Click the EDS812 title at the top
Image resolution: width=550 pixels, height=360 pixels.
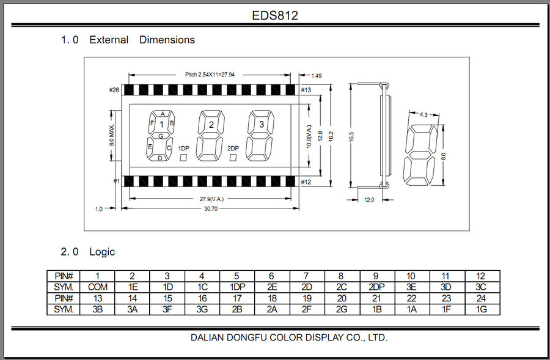(275, 15)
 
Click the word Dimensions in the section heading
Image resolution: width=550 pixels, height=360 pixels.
(167, 40)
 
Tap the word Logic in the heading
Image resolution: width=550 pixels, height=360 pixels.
(102, 252)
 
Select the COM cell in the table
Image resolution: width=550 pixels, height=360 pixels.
(98, 287)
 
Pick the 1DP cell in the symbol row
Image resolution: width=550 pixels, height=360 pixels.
(237, 287)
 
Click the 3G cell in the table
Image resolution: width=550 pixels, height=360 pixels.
(202, 309)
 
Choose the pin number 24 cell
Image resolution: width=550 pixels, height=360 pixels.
(482, 298)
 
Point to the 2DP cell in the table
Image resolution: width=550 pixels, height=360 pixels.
(376, 287)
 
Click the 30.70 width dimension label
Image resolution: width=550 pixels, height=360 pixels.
(211, 209)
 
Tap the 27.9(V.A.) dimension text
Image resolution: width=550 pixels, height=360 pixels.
(211, 199)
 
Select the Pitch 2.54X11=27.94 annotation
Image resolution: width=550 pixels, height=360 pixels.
(210, 75)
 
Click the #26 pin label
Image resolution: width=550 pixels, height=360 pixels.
(114, 90)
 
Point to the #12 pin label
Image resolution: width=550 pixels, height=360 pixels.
(306, 182)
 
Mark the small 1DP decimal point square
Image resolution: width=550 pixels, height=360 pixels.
(183, 158)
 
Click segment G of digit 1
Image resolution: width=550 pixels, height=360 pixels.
(161, 136)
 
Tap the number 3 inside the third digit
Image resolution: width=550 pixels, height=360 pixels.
(262, 124)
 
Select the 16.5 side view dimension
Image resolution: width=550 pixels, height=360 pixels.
(352, 137)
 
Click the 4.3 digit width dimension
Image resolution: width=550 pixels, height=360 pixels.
(424, 114)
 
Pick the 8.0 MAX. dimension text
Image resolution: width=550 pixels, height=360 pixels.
(112, 136)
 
